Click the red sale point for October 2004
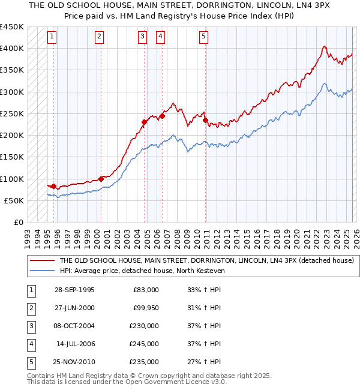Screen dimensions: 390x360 pos(144,122)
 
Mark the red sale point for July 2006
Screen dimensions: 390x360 pos(162,116)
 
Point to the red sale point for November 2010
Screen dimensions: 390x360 pos(205,120)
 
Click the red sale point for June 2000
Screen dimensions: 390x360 pos(101,178)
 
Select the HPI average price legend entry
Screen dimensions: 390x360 pos(150,271)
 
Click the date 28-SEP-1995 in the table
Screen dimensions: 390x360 pos(74,290)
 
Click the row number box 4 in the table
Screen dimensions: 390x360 pos(30,344)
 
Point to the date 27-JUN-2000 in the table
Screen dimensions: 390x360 pos(74,308)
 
